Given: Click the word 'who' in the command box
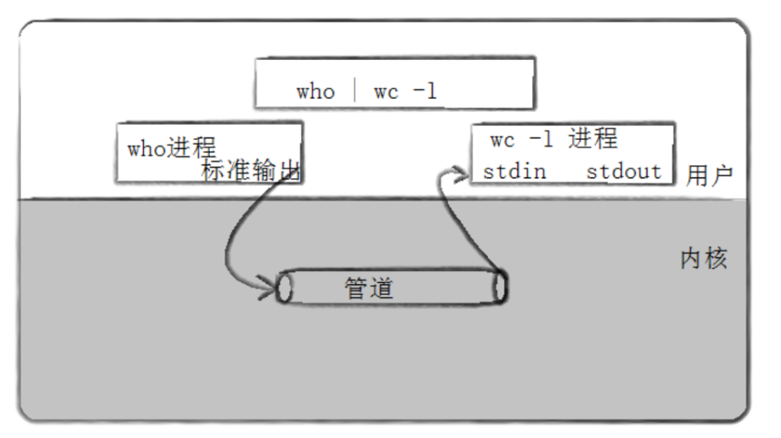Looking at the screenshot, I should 315,91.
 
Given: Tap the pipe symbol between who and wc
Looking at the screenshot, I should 354,91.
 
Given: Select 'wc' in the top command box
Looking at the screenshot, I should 386,91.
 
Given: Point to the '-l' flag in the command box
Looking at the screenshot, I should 424,91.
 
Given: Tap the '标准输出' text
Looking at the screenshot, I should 250,171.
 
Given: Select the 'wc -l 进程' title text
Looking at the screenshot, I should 553,139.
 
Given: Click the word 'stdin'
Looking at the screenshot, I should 514,171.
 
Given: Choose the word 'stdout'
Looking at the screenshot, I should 623,171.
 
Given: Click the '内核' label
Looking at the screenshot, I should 703,258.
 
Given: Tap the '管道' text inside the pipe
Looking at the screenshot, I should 368,288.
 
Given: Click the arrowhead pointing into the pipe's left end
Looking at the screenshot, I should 269,290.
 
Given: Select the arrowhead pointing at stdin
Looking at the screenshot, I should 461,178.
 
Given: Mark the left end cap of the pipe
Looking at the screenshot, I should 284,287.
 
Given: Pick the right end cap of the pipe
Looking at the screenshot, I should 500,287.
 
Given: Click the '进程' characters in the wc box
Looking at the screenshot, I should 593,139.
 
